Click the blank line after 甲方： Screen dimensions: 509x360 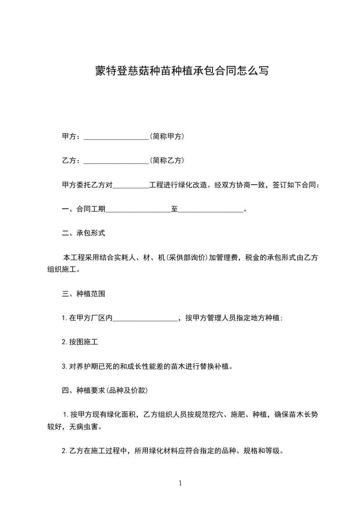click(116, 137)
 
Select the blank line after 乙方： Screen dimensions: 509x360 click(116, 161)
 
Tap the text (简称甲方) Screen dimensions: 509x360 click(167, 136)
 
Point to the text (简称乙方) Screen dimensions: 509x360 click(167, 161)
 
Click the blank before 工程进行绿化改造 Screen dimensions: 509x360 click(130, 186)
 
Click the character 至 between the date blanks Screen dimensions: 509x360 click(174, 210)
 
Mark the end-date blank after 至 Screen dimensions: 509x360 click(211, 210)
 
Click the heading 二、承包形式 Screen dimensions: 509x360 click(84, 233)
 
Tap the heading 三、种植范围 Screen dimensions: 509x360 click(84, 294)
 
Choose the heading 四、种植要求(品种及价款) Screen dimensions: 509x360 click(105, 390)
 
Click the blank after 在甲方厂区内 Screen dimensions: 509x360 click(145, 319)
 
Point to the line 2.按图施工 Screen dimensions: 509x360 click(80, 343)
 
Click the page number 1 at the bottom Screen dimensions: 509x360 click(180, 483)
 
